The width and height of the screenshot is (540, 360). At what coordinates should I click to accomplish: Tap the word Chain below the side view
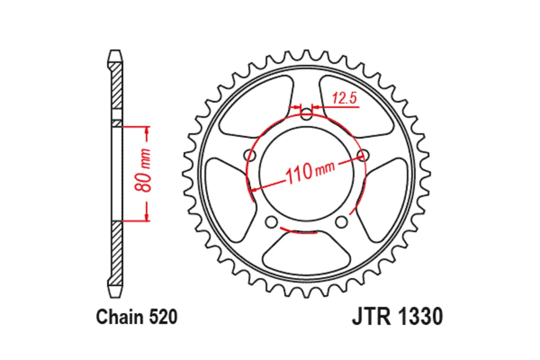(x=119, y=318)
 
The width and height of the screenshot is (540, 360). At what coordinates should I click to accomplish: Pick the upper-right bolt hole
(x=362, y=155)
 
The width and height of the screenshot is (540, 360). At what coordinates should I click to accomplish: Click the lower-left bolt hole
(x=271, y=221)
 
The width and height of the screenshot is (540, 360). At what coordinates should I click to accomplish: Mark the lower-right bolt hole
(x=342, y=221)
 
